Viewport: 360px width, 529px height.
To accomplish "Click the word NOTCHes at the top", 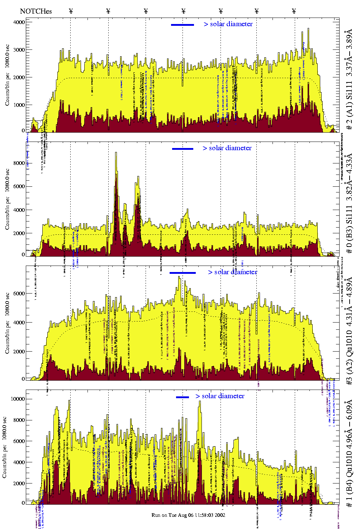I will point(36,11).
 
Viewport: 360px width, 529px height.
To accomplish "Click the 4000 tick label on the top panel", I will point(19,22).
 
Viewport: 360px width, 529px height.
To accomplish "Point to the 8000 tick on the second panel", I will point(19,163).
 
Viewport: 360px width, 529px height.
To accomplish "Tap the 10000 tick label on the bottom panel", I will point(18,399).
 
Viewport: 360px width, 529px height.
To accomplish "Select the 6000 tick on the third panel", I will point(19,293).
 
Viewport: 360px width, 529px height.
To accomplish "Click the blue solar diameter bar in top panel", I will point(183,25).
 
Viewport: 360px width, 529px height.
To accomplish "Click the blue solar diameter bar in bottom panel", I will point(183,397).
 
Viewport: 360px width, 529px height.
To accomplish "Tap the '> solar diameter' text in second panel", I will point(227,148).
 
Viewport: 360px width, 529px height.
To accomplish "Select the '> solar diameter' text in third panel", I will point(232,272).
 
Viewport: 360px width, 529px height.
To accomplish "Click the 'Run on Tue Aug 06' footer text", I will point(188,515).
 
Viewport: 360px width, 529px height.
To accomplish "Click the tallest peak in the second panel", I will point(116,153).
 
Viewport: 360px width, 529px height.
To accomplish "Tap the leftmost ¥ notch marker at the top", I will point(71,11).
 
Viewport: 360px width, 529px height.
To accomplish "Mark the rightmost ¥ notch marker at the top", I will point(294,11).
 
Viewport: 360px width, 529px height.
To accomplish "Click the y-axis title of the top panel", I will point(7,75).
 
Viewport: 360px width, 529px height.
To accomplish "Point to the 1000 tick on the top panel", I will point(19,105).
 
